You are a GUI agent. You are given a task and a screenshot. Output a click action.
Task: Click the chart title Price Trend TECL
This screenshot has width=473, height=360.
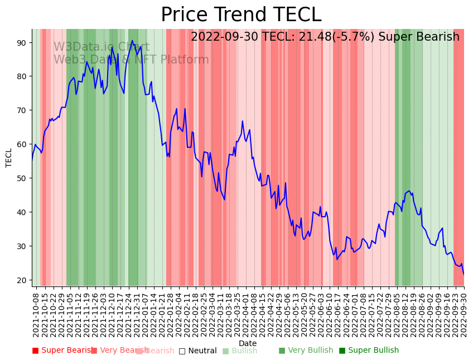coord(241,15)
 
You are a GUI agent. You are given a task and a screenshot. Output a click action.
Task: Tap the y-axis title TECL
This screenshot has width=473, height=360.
coord(9,158)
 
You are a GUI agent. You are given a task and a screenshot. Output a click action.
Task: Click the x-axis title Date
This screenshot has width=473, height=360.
coord(248,344)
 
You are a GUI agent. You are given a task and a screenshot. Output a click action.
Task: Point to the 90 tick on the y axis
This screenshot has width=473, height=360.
coord(23,43)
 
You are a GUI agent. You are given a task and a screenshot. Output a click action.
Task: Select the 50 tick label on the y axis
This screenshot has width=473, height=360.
coord(23,178)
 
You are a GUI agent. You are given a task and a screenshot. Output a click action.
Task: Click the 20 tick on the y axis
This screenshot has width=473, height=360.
coord(23,280)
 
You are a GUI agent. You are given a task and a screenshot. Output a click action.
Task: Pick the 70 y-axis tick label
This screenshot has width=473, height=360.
coord(23,110)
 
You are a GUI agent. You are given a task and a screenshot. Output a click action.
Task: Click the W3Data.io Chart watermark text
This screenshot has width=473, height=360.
coord(101,47)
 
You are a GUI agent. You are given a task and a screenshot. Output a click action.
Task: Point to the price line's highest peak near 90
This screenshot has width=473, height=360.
coord(132,41)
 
